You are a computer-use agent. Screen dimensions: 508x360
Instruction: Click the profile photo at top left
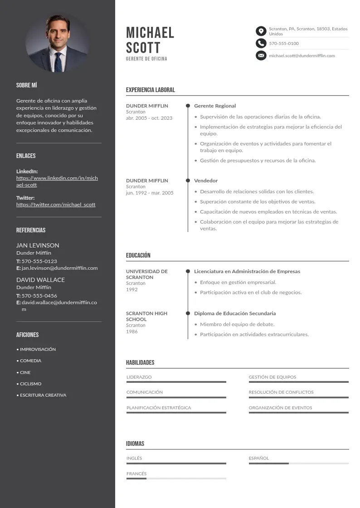[58, 44]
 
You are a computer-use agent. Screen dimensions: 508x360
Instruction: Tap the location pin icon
[261, 31]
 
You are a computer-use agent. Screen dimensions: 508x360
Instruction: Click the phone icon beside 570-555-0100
[261, 43]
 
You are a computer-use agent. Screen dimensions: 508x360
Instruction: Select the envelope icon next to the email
[261, 55]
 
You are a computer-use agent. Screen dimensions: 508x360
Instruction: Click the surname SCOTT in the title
[143, 48]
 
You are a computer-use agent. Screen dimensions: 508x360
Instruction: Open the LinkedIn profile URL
[57, 181]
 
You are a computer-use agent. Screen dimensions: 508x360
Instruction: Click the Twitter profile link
[56, 205]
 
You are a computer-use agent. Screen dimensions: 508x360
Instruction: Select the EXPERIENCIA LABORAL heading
[150, 90]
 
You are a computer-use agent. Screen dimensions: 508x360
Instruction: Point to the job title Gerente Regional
[215, 106]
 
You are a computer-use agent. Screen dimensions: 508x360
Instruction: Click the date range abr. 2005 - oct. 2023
[149, 118]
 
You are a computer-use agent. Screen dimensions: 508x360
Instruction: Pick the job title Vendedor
[206, 181]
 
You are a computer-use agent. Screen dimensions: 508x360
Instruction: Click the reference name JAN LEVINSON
[38, 245]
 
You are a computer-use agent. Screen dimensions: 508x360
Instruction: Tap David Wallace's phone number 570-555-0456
[39, 296]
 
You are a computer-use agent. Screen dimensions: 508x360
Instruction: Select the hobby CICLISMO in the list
[30, 384]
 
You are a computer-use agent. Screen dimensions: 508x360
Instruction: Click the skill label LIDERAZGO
[139, 377]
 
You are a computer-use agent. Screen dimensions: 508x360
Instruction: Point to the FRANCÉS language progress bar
[176, 479]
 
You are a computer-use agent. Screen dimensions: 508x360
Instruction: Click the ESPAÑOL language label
[259, 458]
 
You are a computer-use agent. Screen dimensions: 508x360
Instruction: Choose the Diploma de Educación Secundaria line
[235, 313]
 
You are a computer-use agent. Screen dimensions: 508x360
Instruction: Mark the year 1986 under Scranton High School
[132, 332]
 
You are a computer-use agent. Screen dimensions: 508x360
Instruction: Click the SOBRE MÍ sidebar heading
[26, 85]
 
